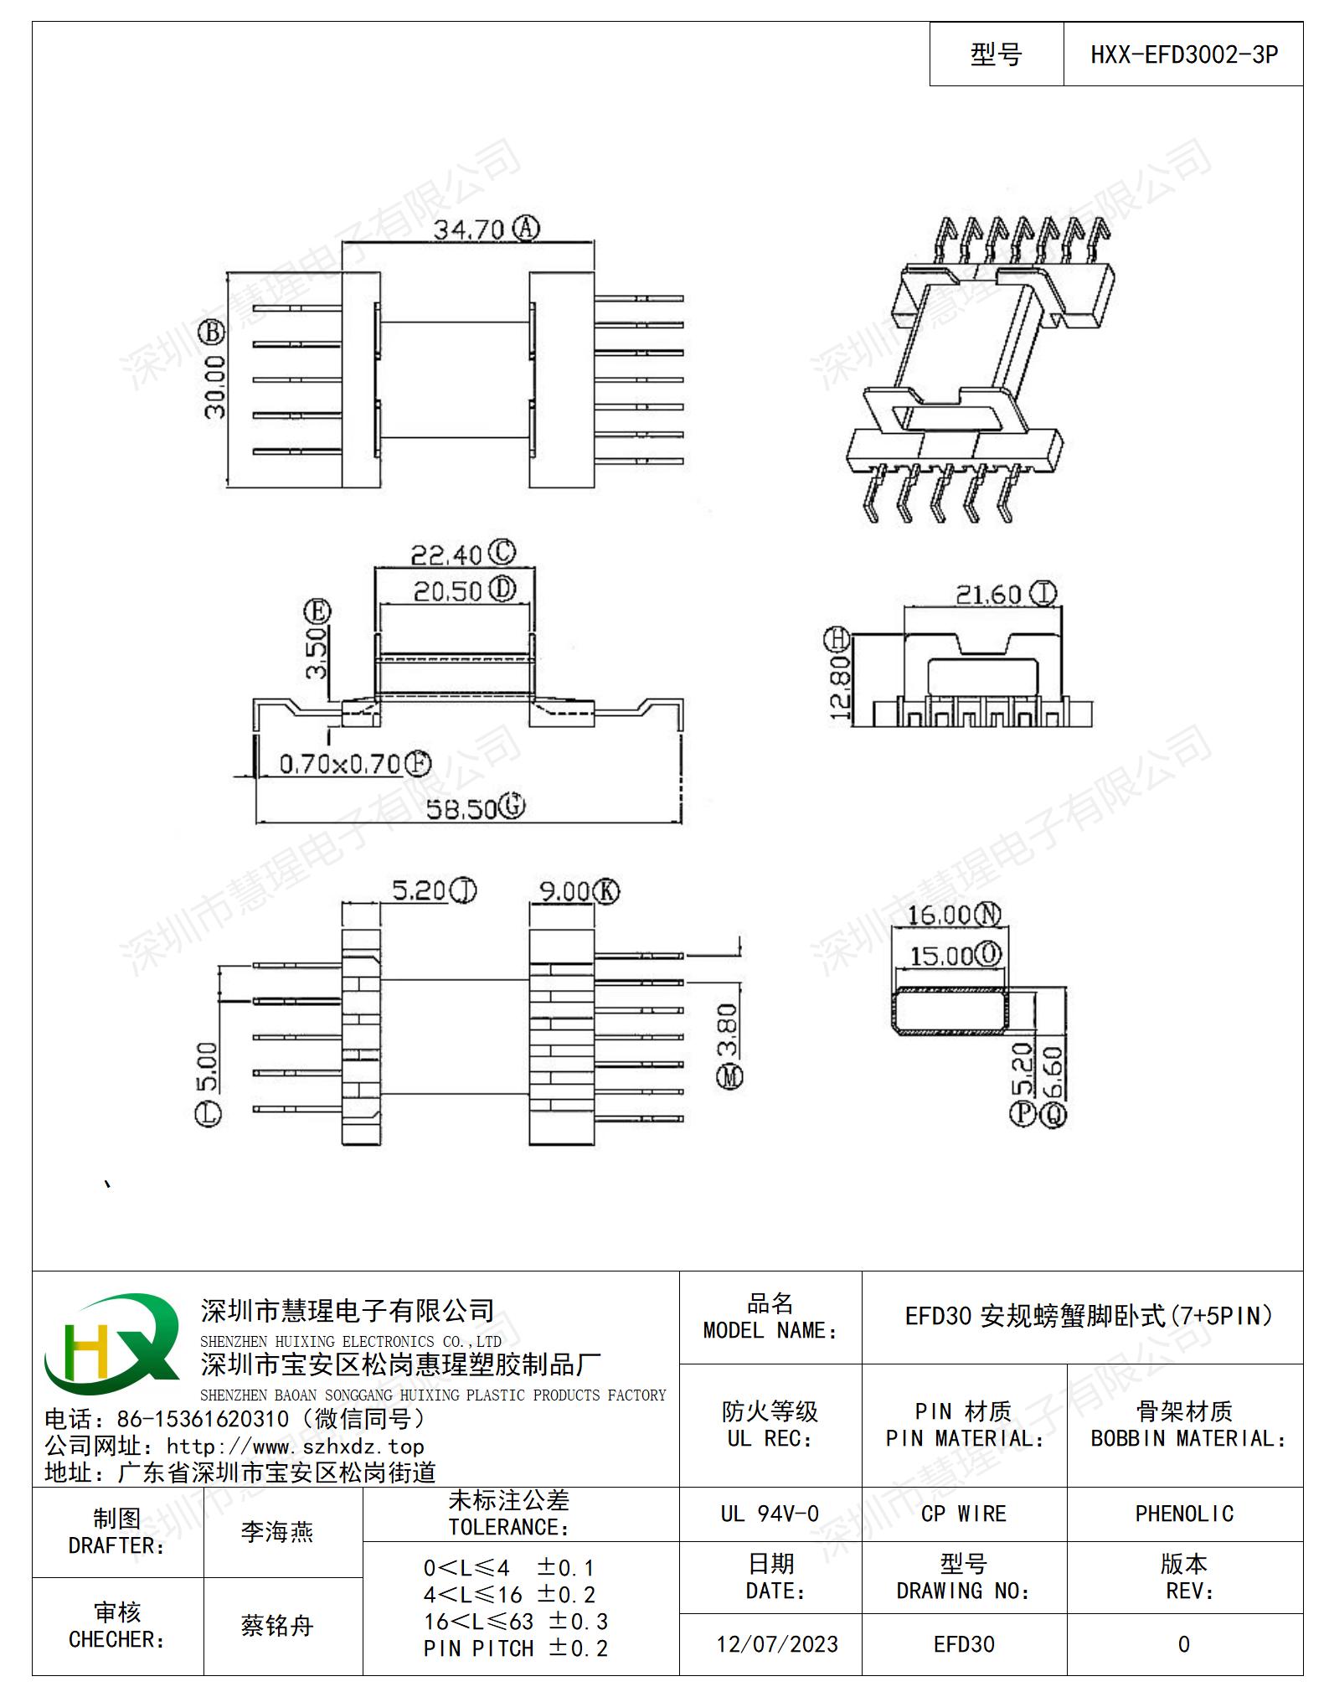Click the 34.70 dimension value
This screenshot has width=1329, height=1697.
(468, 229)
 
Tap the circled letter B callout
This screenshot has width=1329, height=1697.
(212, 333)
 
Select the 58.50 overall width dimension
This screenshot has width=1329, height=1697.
(461, 808)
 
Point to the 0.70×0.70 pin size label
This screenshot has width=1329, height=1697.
(339, 764)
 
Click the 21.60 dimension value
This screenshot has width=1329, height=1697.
(989, 595)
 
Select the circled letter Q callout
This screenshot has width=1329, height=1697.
(1053, 1113)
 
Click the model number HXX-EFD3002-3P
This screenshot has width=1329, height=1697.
(1183, 55)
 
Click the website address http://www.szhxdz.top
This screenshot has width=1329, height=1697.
(295, 1446)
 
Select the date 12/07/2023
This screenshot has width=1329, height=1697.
(777, 1644)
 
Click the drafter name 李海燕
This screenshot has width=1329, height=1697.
(277, 1532)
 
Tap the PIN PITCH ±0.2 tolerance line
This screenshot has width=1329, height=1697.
(516, 1648)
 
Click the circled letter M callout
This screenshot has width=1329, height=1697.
(730, 1076)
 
